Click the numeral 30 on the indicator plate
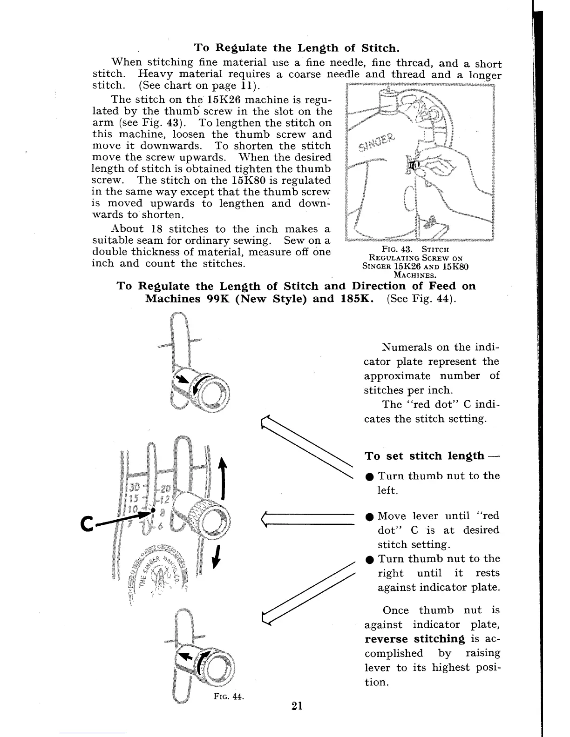click(135, 487)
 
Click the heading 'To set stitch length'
click(424, 456)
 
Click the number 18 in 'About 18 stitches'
click(156, 229)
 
